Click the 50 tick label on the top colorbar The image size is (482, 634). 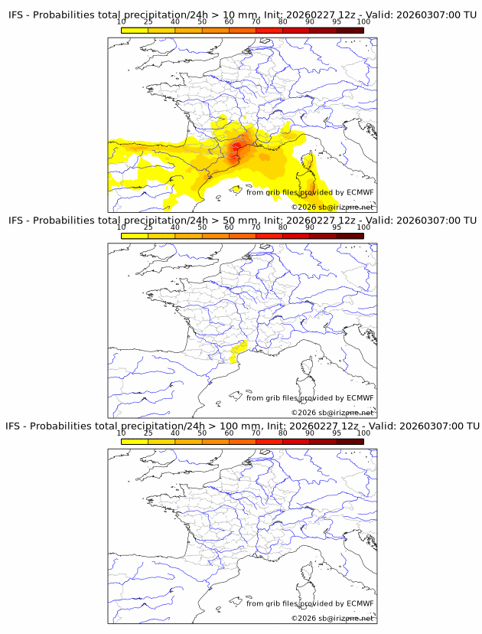click(x=202, y=22)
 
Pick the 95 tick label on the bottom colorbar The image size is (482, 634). click(x=337, y=433)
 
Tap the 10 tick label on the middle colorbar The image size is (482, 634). click(x=122, y=227)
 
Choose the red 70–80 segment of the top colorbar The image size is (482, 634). click(x=269, y=30)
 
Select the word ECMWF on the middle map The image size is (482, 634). click(x=360, y=397)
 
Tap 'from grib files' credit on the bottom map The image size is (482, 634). click(x=271, y=603)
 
